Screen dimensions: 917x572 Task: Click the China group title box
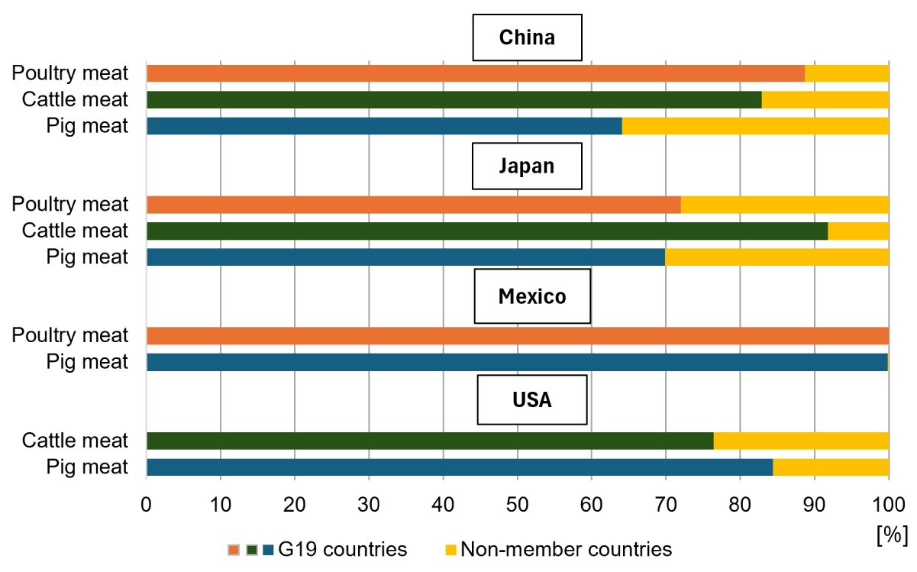(x=528, y=37)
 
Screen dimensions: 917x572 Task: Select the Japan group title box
(x=527, y=166)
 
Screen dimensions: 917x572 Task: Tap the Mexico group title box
(x=532, y=296)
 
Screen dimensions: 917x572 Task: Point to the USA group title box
(x=532, y=399)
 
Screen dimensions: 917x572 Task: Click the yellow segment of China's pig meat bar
(x=755, y=126)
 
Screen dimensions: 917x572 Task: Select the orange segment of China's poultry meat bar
(x=476, y=73)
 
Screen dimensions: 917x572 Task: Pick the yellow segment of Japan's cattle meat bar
(x=858, y=231)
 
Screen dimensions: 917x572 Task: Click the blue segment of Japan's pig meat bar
(x=406, y=257)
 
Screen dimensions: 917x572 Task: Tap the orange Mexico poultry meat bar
(x=518, y=336)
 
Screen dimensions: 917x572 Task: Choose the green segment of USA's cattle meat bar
(x=431, y=441)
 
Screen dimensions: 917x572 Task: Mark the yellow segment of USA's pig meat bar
(x=831, y=467)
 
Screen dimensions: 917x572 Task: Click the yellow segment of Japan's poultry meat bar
(x=785, y=205)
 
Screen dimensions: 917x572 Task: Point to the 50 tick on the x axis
(x=518, y=505)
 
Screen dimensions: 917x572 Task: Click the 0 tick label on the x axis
(x=146, y=505)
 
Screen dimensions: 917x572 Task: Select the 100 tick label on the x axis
(x=889, y=505)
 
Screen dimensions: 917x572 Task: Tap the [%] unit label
(x=893, y=535)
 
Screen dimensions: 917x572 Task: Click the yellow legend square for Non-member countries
(x=450, y=550)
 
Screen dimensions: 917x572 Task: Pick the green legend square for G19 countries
(x=252, y=550)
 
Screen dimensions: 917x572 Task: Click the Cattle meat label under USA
(x=75, y=441)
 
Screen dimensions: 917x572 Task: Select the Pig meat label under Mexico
(x=87, y=362)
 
